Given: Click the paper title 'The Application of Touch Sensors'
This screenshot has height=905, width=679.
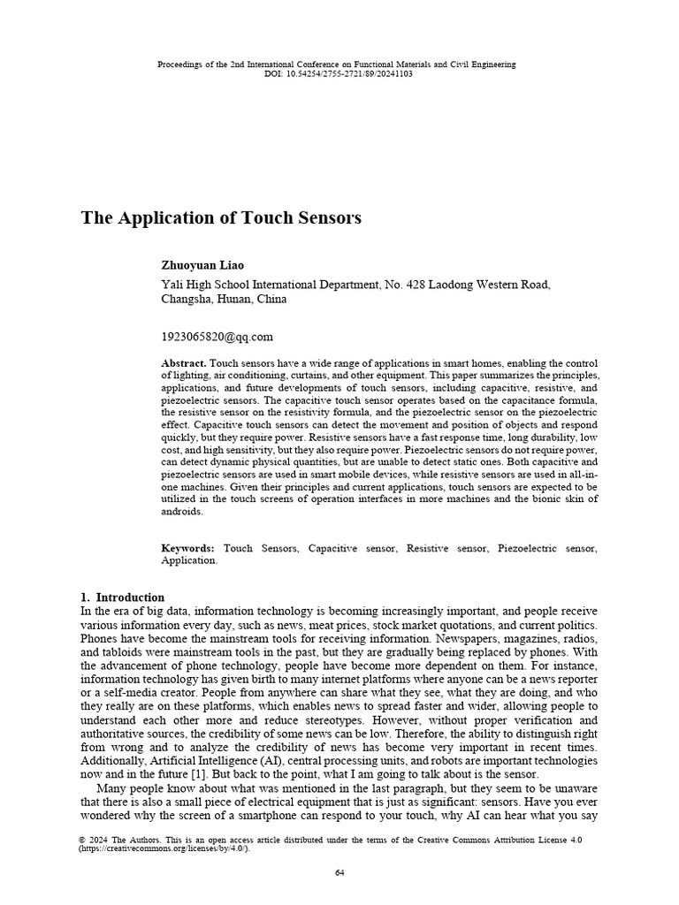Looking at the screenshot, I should pyautogui.click(x=221, y=218).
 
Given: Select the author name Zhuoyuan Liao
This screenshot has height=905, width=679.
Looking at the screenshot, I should pyautogui.click(x=202, y=265).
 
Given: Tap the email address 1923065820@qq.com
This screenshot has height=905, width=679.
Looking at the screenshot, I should pyautogui.click(x=217, y=337).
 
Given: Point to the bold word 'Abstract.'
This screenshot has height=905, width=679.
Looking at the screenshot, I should pyautogui.click(x=184, y=364).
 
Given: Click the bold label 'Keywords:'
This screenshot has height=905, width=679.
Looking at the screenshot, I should pyautogui.click(x=187, y=549).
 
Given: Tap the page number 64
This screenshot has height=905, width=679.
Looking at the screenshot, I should pyautogui.click(x=339, y=873).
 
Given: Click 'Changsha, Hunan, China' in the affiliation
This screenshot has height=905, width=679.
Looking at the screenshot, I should pyautogui.click(x=224, y=299).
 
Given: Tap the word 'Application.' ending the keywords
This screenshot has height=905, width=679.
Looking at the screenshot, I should pyautogui.click(x=189, y=560).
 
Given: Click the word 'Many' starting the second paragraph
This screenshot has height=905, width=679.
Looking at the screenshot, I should pyautogui.click(x=111, y=788).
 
